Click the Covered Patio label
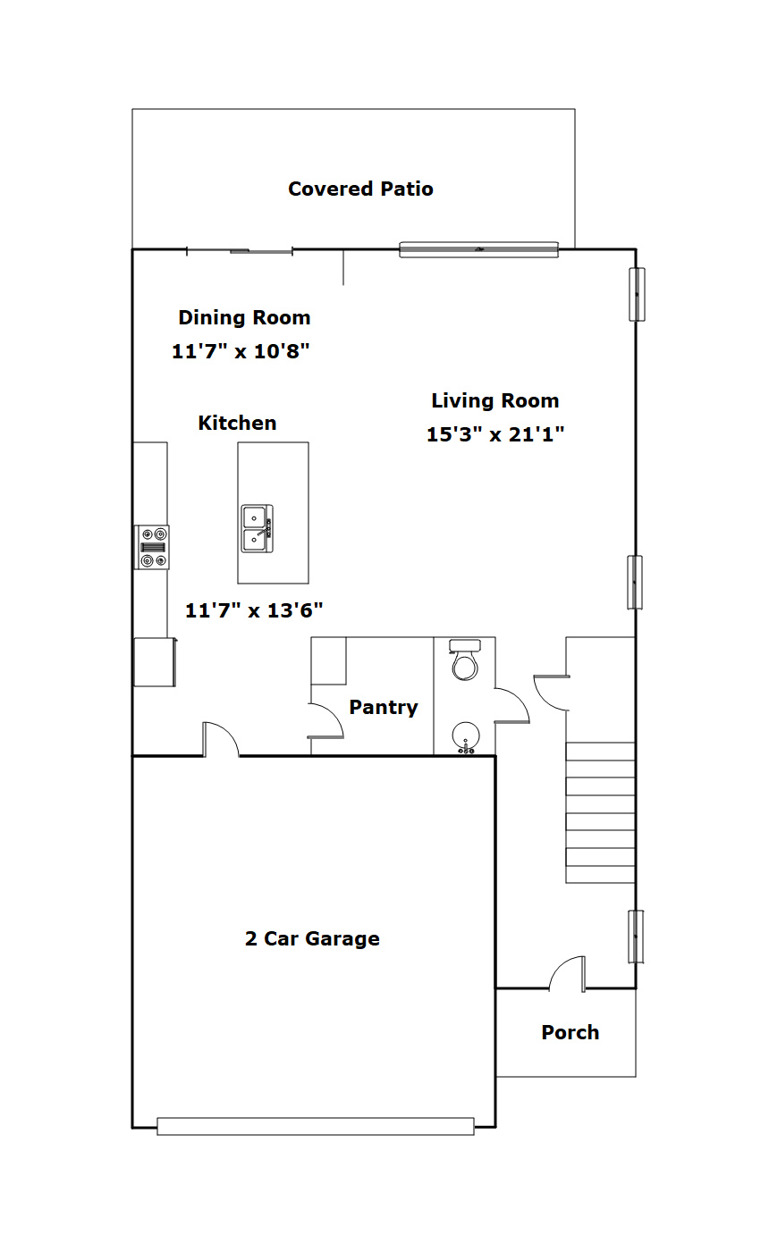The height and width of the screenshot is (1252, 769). click(x=360, y=189)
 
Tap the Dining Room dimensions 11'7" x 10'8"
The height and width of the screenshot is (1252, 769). click(x=241, y=351)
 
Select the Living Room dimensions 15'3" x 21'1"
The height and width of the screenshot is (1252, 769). click(x=495, y=434)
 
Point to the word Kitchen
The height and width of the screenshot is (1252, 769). click(x=237, y=423)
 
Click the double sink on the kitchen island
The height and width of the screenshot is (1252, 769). click(x=258, y=529)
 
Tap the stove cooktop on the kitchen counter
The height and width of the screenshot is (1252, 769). click(x=151, y=547)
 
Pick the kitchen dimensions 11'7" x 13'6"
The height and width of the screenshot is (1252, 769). click(x=254, y=610)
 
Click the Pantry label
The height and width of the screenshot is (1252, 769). click(x=384, y=707)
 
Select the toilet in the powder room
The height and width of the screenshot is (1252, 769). click(x=465, y=660)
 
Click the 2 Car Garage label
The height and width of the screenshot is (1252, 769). click(x=312, y=938)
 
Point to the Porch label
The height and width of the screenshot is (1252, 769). click(x=570, y=1032)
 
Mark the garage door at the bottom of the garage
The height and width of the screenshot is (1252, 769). click(x=316, y=1126)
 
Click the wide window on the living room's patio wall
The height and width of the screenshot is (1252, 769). click(x=478, y=249)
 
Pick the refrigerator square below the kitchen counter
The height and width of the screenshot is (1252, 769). click(x=155, y=662)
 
